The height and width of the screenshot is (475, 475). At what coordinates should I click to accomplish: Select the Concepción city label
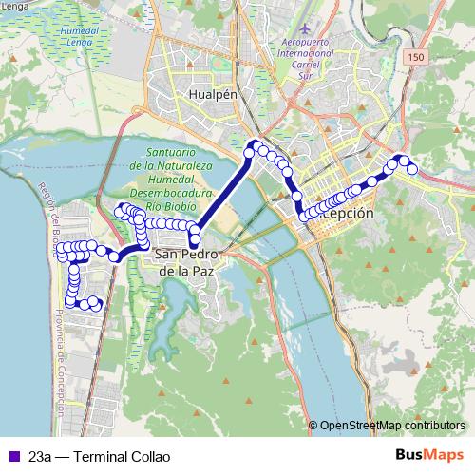(342, 215)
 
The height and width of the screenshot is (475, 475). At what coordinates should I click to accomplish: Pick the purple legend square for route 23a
(12, 456)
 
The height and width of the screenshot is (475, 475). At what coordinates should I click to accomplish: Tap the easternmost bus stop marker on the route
(412, 169)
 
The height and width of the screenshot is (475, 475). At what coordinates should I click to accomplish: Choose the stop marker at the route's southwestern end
(70, 303)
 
